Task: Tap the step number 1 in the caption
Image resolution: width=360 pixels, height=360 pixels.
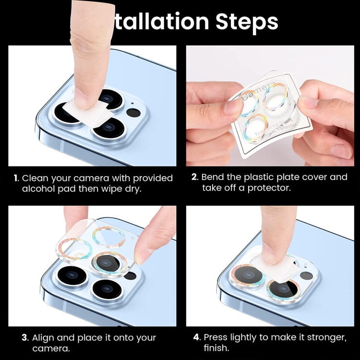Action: tap(16, 178)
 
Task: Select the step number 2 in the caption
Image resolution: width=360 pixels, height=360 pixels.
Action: tap(194, 177)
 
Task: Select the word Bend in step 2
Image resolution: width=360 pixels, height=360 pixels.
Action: tap(214, 177)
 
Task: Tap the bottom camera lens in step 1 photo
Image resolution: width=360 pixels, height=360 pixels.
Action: tap(109, 130)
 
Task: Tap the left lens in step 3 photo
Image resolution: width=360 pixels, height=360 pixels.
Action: tap(70, 277)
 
